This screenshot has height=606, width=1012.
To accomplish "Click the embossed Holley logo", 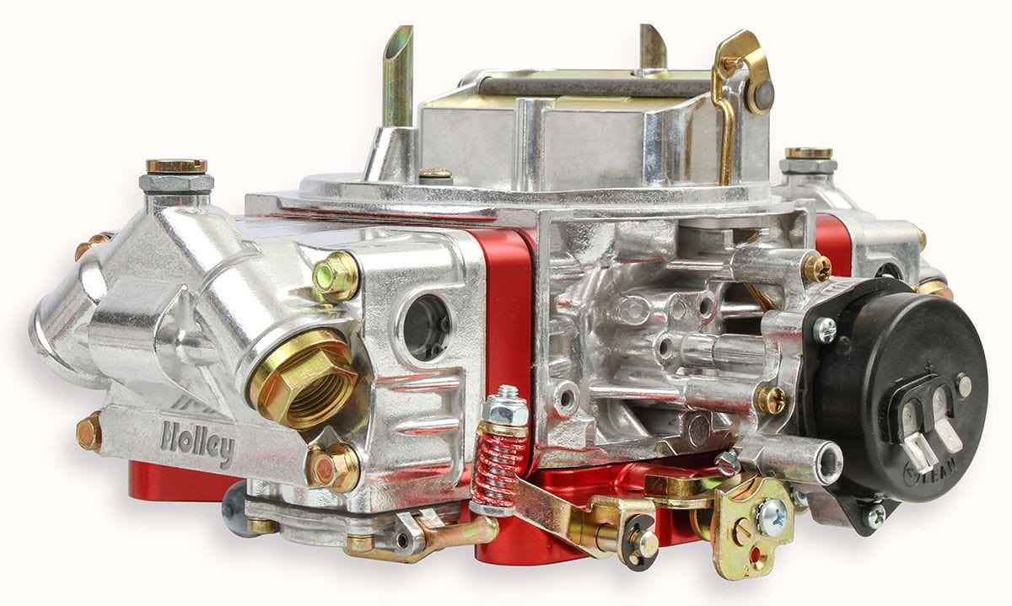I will click(196, 442).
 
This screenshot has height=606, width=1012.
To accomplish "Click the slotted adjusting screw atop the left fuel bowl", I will click(176, 166).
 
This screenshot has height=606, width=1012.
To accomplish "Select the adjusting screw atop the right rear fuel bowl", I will click(808, 153).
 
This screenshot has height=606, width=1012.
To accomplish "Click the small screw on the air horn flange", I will click(435, 174).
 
